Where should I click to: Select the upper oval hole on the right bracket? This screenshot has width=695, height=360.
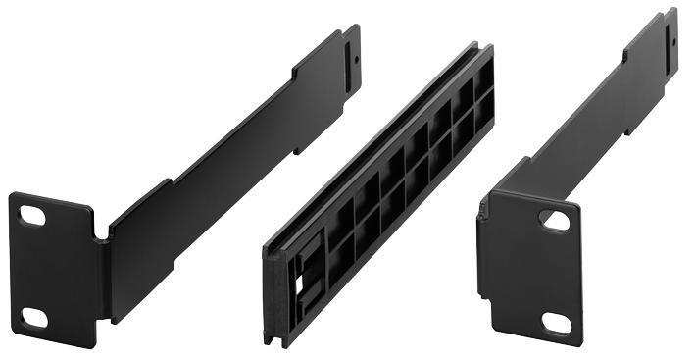coord(556,221)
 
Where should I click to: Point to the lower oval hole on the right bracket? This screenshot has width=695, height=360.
coord(557,321)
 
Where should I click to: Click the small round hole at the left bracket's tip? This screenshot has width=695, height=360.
coord(356,57)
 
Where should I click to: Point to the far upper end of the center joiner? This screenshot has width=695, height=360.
coord(480,59)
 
